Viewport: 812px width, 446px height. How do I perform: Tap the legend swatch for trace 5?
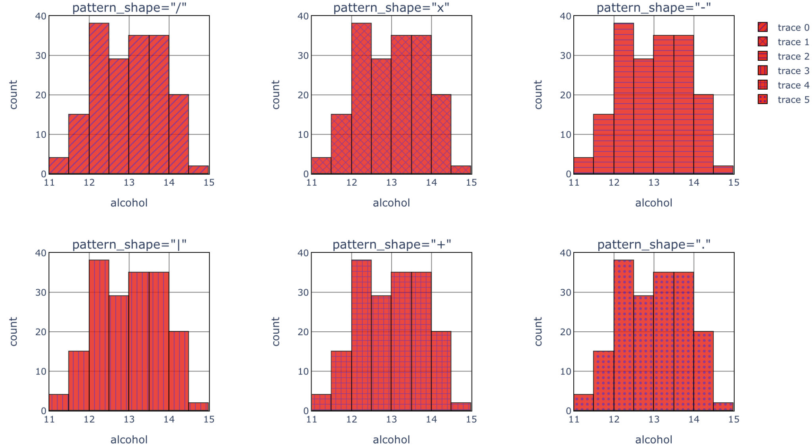[x=762, y=99]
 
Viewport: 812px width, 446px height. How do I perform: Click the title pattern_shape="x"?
[x=391, y=8]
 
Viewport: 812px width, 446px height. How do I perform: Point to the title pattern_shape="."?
[x=653, y=244]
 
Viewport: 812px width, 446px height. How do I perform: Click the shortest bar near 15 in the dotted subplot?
[x=723, y=406]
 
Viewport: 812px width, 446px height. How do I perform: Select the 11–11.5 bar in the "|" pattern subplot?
[x=59, y=402]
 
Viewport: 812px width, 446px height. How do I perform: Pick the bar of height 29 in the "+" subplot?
[x=381, y=353]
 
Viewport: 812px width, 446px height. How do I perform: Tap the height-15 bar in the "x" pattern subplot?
[x=341, y=144]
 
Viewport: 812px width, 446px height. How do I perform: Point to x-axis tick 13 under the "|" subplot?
[x=129, y=419]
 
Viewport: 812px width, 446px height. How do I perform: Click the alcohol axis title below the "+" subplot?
[x=391, y=439]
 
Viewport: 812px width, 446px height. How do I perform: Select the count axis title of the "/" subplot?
[x=13, y=94]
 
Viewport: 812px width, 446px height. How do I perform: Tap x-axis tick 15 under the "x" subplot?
[x=471, y=182]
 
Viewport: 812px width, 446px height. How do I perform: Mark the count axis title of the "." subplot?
[x=538, y=331]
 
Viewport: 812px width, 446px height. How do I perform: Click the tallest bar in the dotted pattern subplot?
[x=623, y=335]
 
